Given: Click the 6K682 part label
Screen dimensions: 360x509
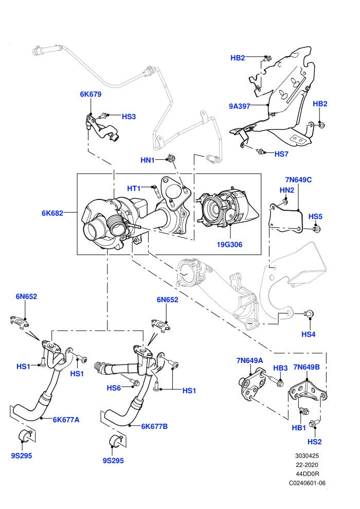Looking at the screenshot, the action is coord(52,213).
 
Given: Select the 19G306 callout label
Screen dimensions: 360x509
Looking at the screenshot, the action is coord(229,244).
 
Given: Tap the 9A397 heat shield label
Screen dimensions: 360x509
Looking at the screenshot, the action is coord(240,106).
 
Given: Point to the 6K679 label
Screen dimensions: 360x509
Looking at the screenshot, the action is coord(91,94).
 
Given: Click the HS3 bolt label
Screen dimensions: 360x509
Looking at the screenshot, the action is coord(129,117).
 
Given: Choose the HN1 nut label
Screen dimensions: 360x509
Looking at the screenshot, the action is coord(148,160).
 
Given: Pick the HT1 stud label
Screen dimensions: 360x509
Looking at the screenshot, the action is coord(134,188).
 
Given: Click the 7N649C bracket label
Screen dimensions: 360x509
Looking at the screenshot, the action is coord(298,179).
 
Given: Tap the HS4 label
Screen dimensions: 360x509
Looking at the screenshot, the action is coord(309,334).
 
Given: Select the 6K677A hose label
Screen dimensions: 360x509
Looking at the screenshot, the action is coord(66,420).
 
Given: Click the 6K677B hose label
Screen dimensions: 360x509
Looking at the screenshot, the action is coord(154,426).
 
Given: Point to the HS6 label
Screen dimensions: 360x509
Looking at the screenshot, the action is coord(114,388).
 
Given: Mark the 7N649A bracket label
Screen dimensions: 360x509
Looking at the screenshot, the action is coord(249,360).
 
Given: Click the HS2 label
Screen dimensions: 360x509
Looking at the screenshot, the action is coord(315,442).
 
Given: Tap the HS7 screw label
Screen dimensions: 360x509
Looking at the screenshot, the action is coord(281,154).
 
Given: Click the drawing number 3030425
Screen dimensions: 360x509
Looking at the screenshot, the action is coord(307,456).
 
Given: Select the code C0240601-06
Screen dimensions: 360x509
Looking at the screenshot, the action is coord(307,483).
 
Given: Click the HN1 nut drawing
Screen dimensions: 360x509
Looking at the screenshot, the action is coord(171,158).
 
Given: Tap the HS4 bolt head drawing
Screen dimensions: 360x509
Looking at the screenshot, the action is coord(309,314).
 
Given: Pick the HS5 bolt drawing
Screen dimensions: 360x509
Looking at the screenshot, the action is coord(317,229).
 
